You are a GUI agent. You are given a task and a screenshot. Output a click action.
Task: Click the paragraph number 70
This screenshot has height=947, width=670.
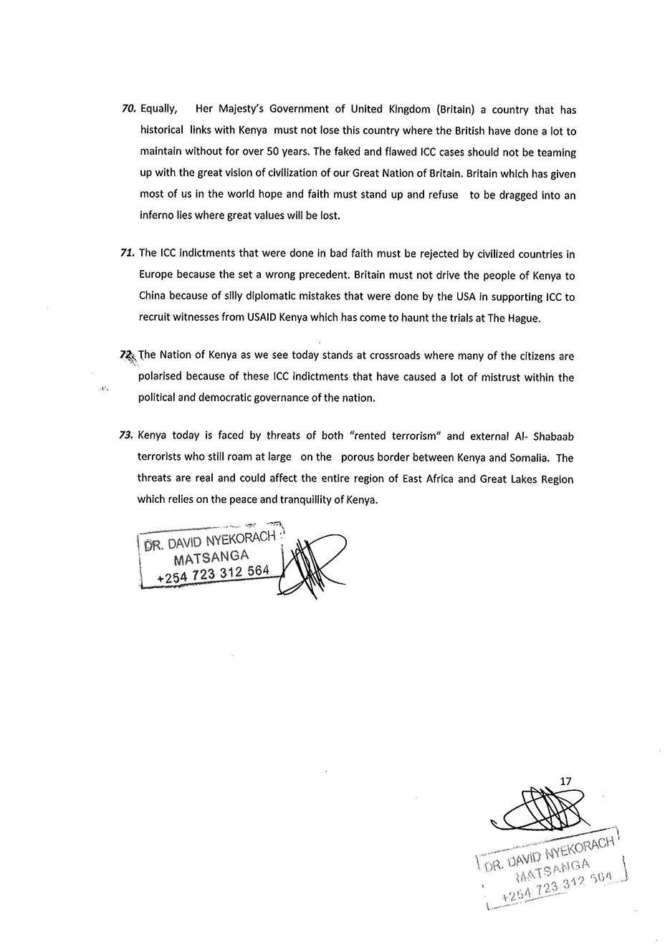coord(129,110)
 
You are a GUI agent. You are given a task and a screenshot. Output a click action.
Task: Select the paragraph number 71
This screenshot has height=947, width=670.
coord(128,254)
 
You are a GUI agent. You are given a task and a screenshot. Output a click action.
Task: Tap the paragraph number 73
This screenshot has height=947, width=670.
coord(128,435)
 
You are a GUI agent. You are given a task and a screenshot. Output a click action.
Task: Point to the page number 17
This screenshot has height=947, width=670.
coord(565,781)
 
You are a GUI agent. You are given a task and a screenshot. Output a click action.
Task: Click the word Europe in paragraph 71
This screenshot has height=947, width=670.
coord(155,275)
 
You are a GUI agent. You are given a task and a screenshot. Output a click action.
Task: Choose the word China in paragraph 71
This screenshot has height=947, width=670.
coord(153,297)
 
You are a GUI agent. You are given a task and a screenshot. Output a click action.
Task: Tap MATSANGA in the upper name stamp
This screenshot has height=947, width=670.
coord(211,557)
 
